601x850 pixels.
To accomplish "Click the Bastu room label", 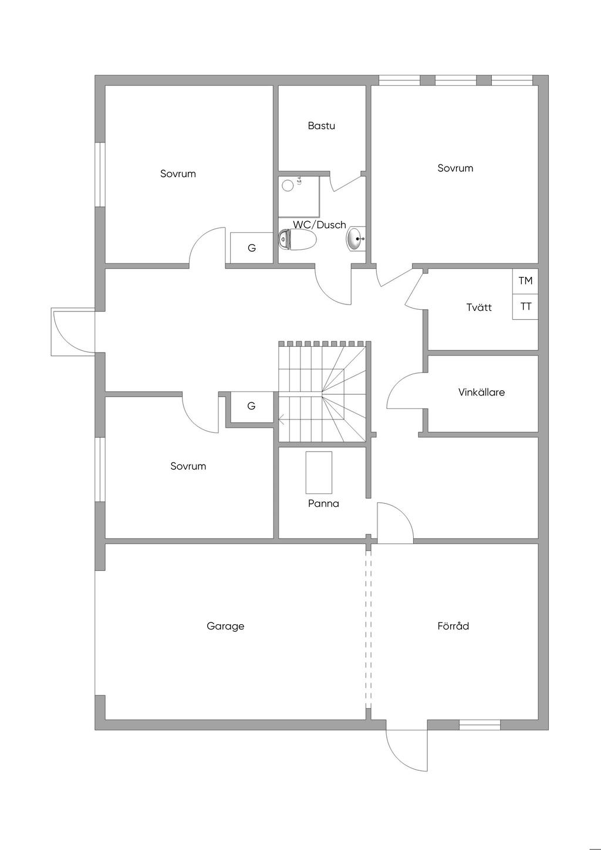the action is tap(321, 126).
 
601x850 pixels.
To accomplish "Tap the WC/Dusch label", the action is tap(319, 225).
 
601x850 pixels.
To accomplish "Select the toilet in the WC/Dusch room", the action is tap(298, 239).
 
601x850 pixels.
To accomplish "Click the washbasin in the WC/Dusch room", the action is tap(356, 239).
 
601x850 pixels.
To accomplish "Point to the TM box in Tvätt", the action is tap(525, 281).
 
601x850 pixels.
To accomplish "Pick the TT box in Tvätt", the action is tap(525, 307).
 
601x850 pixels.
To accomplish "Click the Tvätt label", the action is tap(479, 307).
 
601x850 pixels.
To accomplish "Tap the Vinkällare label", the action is tap(481, 392).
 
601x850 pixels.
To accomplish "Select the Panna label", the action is tap(323, 503).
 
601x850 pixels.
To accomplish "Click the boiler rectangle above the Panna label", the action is tap(319, 472).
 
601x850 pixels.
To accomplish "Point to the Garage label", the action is tap(225, 626).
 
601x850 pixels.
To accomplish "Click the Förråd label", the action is tap(453, 626).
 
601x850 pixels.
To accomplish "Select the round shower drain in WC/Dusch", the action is tap(288, 185).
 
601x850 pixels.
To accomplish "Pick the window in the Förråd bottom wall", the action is tap(480, 724).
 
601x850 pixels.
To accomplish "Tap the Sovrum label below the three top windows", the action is tap(455, 168).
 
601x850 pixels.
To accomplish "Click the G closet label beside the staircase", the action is tap(251, 406).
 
